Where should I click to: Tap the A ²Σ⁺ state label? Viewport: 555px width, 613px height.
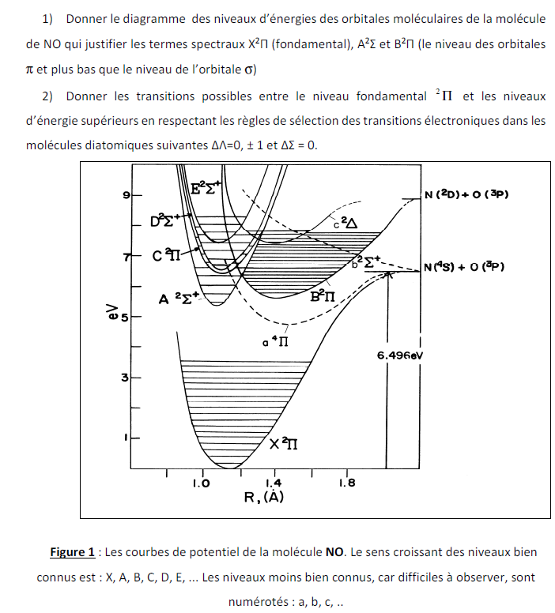(x=179, y=298)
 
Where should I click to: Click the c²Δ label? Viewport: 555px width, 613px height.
(x=345, y=224)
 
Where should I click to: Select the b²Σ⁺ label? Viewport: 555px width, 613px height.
(x=367, y=260)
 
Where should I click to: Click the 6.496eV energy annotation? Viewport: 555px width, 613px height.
(x=402, y=355)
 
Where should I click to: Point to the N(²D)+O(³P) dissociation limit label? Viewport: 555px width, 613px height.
(x=465, y=194)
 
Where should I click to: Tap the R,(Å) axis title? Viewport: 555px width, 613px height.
(x=263, y=497)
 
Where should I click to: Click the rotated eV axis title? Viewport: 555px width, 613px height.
(x=111, y=314)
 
